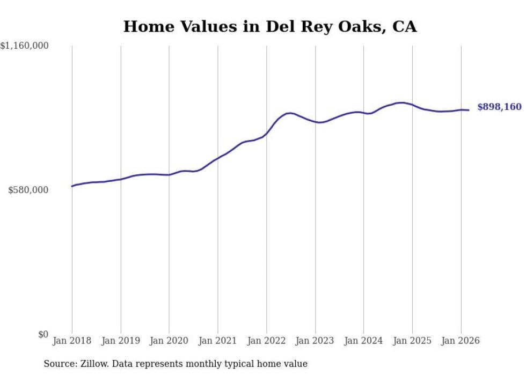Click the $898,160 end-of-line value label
[499, 107]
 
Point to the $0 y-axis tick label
[43, 334]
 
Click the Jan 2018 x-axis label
[72, 341]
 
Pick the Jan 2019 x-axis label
[121, 341]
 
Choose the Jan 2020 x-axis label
[169, 341]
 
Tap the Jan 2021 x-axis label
[218, 341]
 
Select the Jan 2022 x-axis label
[267, 341]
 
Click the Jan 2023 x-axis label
[315, 341]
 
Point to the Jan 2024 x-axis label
[364, 341]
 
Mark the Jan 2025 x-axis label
[412, 341]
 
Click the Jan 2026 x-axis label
[461, 341]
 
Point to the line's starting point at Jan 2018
[72, 186]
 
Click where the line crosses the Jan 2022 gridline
[267, 132]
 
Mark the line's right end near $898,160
[469, 110]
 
